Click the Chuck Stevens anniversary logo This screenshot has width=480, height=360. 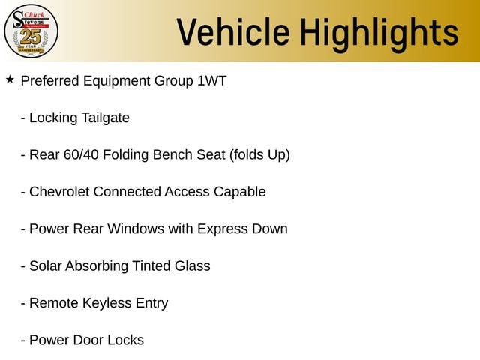(31, 31)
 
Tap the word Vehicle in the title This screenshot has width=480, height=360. (233, 31)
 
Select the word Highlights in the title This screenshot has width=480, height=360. (379, 34)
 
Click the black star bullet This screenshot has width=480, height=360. (10, 79)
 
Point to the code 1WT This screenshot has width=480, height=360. (211, 81)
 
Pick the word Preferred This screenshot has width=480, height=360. (50, 81)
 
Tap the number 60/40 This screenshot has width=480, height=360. (81, 155)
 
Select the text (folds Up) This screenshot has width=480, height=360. (259, 155)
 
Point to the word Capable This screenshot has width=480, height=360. (240, 192)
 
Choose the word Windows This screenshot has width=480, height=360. (136, 229)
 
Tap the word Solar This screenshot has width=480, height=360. (46, 265)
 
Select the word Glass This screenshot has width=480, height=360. (193, 265)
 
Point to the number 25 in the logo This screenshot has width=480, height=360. (31, 37)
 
